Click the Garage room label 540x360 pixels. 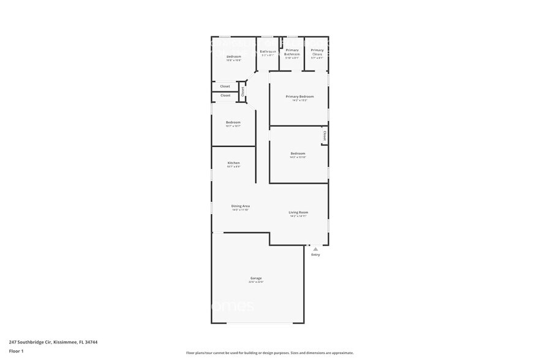(x=255, y=278)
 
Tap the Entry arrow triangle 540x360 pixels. (x=315, y=249)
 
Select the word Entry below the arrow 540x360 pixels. (x=315, y=255)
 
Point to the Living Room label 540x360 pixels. (x=298, y=212)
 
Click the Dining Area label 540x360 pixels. (x=240, y=206)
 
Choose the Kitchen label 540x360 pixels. (x=233, y=163)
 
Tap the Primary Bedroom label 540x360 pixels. (x=299, y=96)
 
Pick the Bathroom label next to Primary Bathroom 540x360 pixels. (x=268, y=51)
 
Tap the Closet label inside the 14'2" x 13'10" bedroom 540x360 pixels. (x=324, y=135)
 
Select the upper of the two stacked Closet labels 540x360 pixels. (x=225, y=86)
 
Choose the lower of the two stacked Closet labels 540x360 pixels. (x=225, y=96)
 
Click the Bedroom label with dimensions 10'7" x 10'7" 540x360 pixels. (x=233, y=122)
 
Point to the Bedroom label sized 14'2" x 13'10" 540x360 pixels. (x=298, y=153)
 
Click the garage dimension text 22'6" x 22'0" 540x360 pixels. (x=255, y=282)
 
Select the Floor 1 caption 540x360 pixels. (x=16, y=351)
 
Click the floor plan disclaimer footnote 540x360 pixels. (x=269, y=353)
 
